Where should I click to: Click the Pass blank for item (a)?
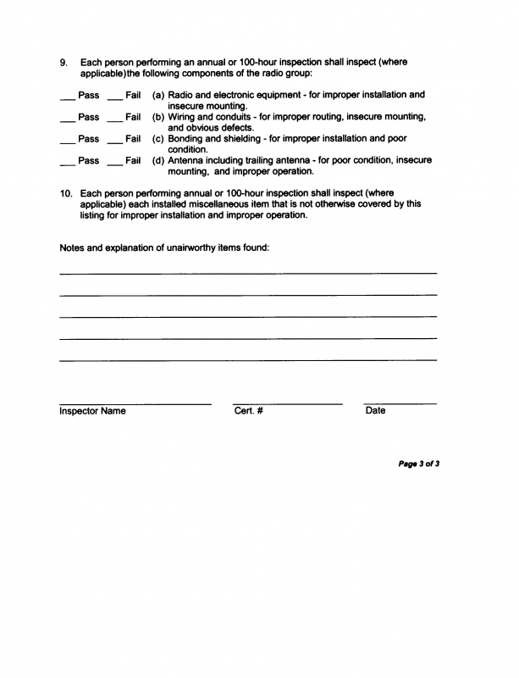pos(68,98)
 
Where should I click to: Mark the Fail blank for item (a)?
pos(115,98)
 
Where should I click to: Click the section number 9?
pos(63,63)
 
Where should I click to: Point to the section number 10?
pos(66,193)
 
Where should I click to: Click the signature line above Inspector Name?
pos(135,403)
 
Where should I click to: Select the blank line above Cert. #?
pos(287,403)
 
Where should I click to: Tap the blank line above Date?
pos(400,403)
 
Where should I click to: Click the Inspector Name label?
pos(92,411)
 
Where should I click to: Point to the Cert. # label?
pos(249,411)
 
